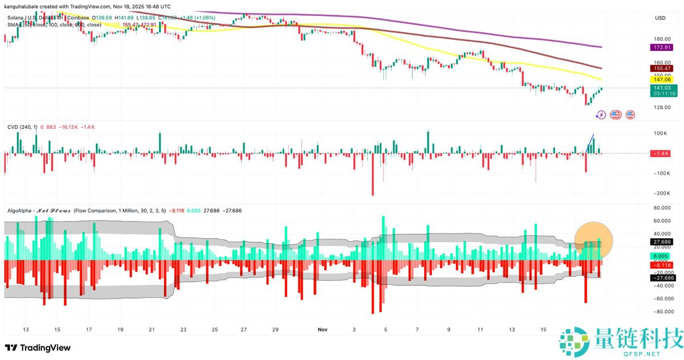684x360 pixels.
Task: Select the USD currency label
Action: pyautogui.click(x=660, y=18)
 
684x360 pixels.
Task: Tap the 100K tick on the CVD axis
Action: pyautogui.click(x=660, y=133)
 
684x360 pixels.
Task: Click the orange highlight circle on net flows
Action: pyautogui.click(x=593, y=241)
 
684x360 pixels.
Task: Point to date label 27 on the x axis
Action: pyautogui.click(x=244, y=330)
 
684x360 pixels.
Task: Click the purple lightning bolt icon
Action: pyautogui.click(x=600, y=115)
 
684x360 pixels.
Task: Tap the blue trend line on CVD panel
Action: pyautogui.click(x=591, y=143)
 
